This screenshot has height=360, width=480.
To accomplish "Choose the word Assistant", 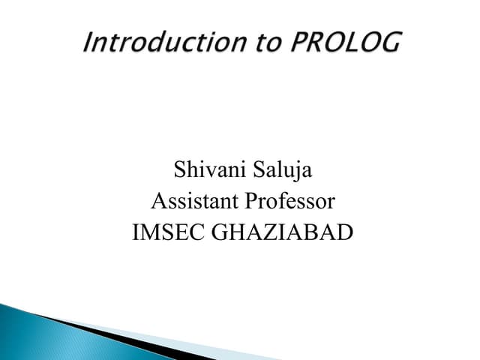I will click(193, 202).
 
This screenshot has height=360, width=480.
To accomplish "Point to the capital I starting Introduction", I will click(88, 43).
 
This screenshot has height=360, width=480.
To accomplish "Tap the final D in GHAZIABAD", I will click(344, 233).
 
